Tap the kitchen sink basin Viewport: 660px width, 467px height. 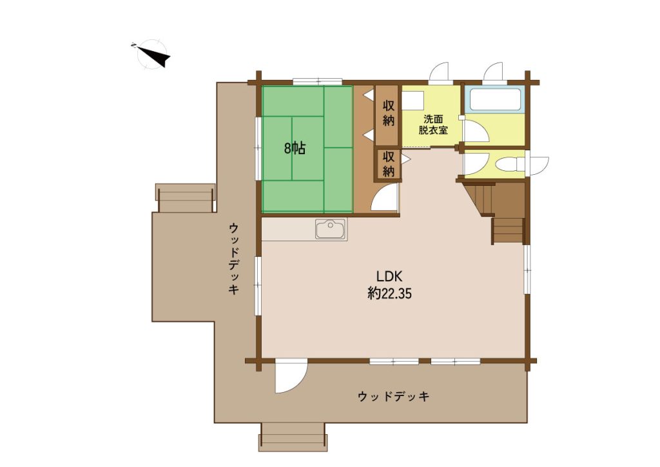coord(331,230)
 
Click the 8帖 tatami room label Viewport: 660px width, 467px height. coord(295,148)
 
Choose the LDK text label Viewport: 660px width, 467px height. coord(389,277)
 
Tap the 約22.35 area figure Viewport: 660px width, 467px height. coord(389,293)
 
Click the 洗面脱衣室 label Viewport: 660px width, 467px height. coord(432,124)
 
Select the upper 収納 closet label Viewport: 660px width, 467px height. coord(389,114)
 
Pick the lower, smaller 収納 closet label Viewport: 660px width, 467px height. coord(389,164)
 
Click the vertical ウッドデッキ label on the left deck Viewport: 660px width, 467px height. coord(234,259)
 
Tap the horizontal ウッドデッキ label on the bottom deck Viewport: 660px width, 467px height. coord(394,396)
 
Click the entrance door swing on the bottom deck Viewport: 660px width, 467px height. coord(291,376)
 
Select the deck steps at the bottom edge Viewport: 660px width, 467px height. coord(293,437)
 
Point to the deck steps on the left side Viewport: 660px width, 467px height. coord(186,198)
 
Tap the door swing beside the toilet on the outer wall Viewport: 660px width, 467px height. coord(538,164)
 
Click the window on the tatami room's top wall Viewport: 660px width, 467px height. coord(317,81)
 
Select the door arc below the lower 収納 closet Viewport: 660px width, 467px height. coord(384,197)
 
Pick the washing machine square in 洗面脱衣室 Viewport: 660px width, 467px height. coord(412,101)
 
